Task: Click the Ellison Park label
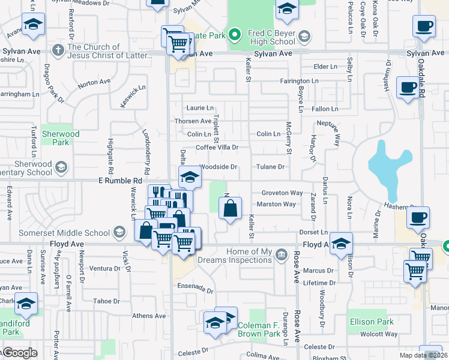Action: coord(372,322)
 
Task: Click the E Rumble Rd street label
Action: coord(121,180)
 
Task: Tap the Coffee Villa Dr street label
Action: coord(217,147)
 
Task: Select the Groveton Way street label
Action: coord(282,193)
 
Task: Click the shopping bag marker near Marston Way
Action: coord(230,209)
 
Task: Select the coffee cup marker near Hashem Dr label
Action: coord(418,218)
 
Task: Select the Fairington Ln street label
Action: coord(298,81)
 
